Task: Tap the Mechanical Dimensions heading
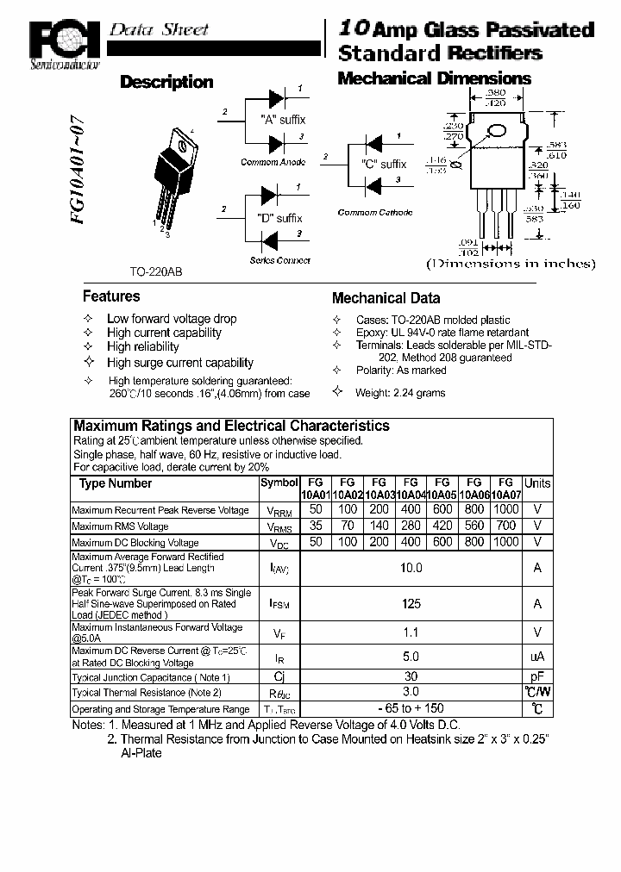click(434, 78)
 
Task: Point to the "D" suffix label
click(279, 218)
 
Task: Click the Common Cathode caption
click(374, 212)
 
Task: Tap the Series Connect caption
click(279, 260)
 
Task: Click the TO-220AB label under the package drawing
click(156, 271)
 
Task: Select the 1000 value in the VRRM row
click(506, 509)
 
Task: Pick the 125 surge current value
click(411, 604)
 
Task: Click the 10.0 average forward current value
click(411, 568)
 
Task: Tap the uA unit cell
click(537, 657)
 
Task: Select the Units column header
click(537, 483)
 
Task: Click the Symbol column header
click(279, 483)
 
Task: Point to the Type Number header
click(116, 483)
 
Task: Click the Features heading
click(111, 296)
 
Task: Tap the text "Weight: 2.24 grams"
click(400, 392)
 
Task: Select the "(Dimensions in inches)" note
click(511, 264)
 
